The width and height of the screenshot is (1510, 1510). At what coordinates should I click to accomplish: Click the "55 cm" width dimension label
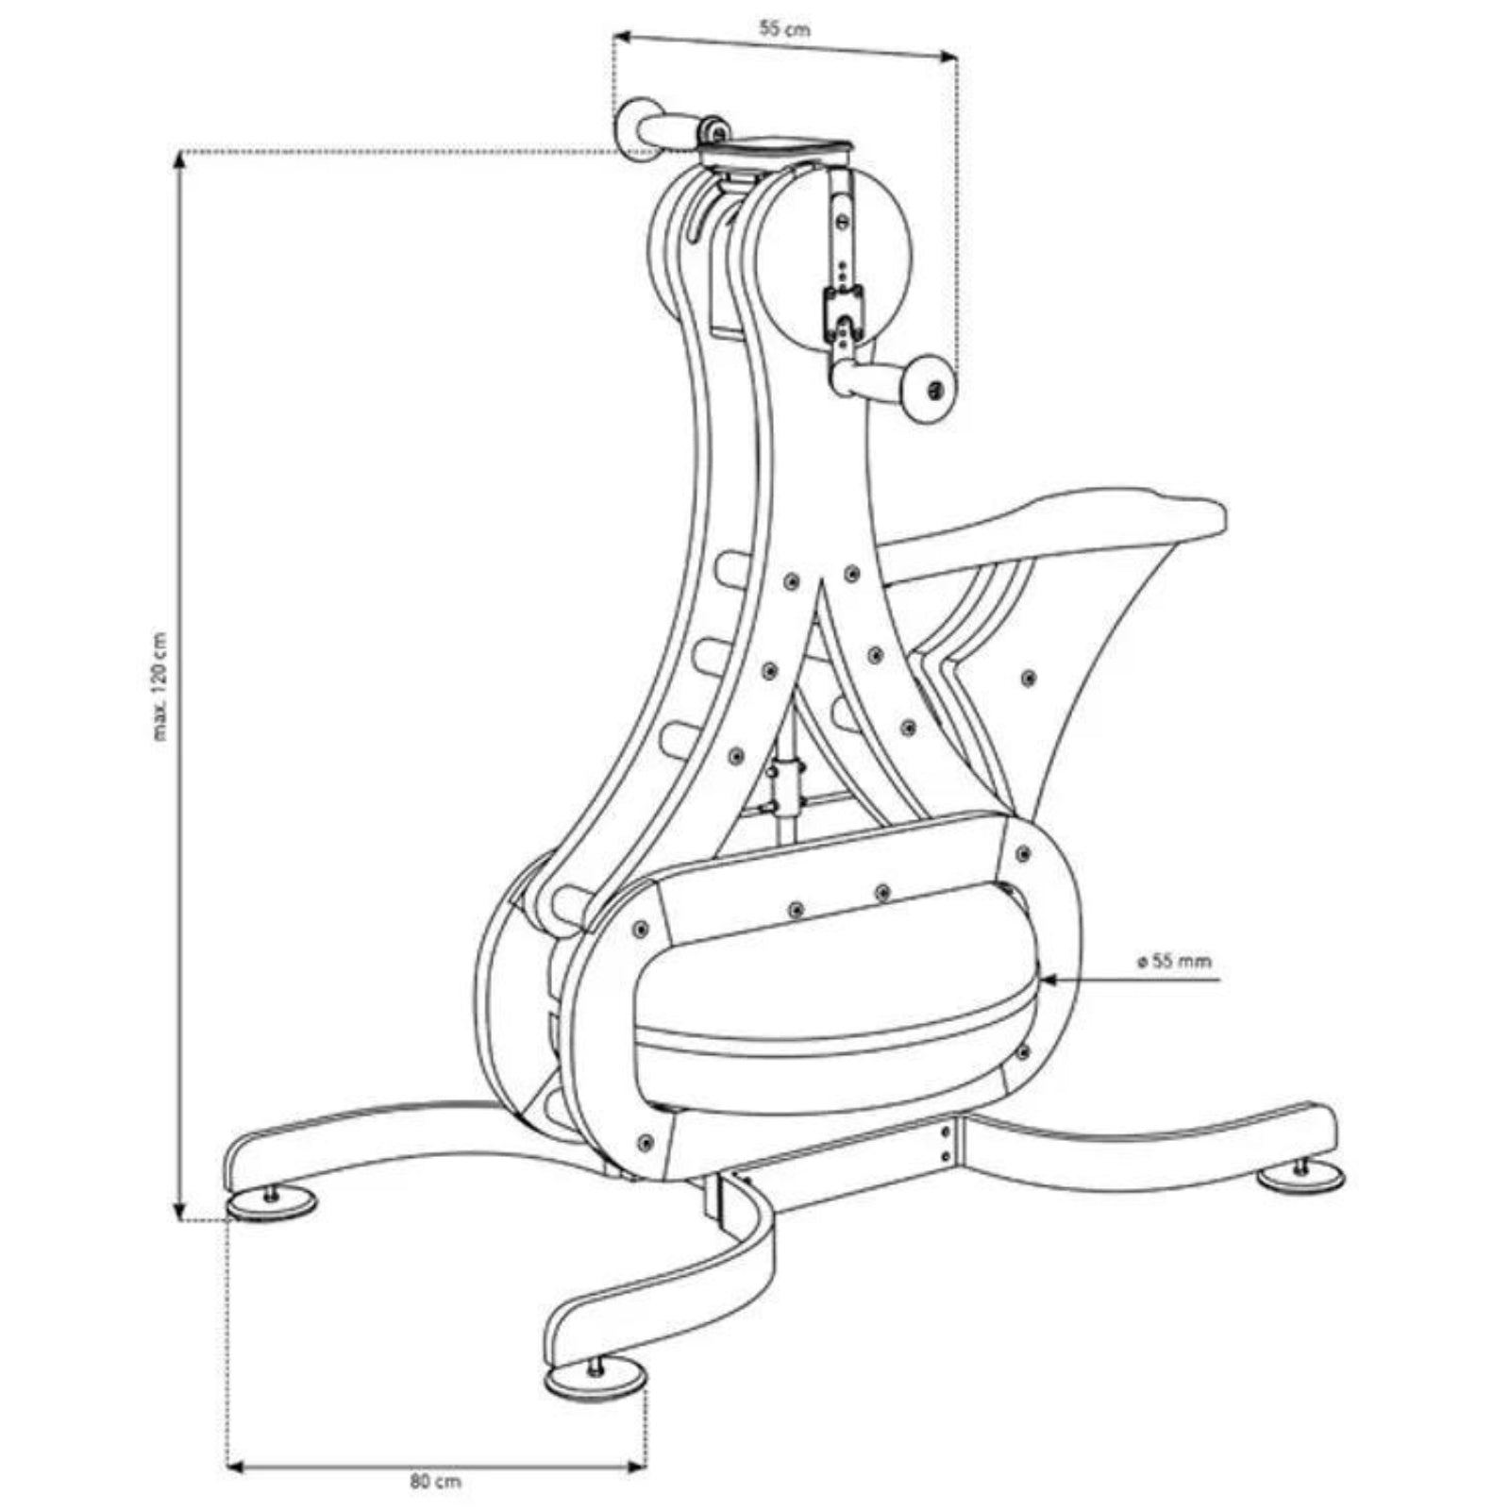pyautogui.click(x=784, y=28)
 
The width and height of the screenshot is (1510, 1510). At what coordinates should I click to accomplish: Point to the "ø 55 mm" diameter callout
pyautogui.click(x=1173, y=962)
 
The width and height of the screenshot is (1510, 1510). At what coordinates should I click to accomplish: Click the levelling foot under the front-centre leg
pyautogui.click(x=596, y=1383)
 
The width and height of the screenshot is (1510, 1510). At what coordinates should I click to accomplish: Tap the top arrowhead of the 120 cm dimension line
pyautogui.click(x=179, y=160)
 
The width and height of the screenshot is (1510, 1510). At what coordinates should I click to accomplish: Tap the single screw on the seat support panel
pyautogui.click(x=1028, y=677)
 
